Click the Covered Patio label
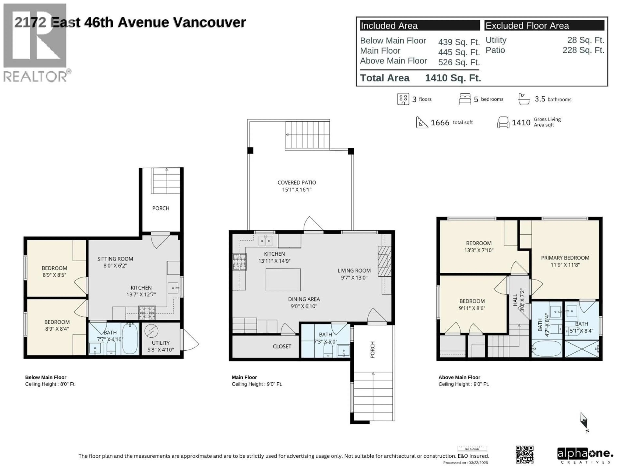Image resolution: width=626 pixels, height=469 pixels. coord(297,186)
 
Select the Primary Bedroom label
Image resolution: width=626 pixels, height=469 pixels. coord(565,261)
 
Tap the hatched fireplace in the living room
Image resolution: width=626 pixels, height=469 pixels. coord(384,261)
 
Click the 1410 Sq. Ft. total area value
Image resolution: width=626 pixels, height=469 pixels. coord(453,78)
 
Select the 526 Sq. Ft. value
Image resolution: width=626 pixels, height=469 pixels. coord(459,62)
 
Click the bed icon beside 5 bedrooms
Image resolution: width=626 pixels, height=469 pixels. coord(465,99)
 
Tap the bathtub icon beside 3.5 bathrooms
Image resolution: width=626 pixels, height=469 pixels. coord(524,99)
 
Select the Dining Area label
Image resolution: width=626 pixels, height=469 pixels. coord(304,302)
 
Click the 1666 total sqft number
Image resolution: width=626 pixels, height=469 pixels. coord(440,122)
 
